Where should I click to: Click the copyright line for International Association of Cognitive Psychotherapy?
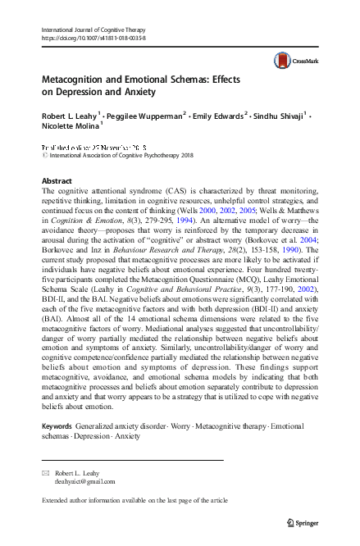coord(118,153)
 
